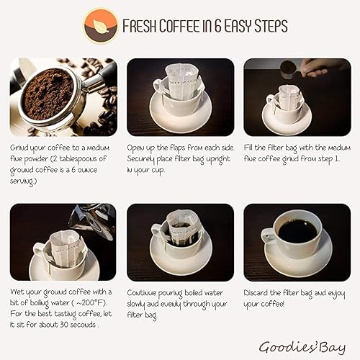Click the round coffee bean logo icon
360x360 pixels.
click(x=100, y=27)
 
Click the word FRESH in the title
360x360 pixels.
click(x=140, y=27)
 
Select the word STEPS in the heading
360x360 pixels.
click(x=266, y=27)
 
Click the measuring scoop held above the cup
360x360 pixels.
click(x=287, y=68)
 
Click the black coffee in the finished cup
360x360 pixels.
click(x=297, y=231)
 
